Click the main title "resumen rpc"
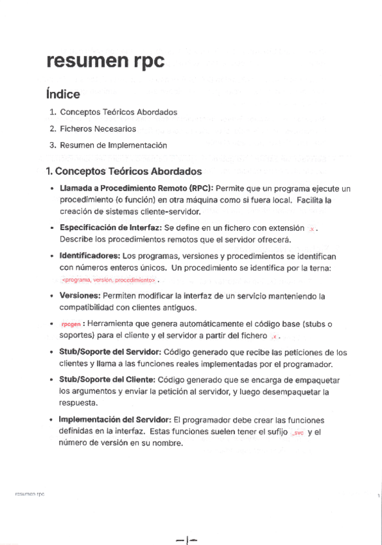[105, 62]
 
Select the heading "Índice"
[63, 94]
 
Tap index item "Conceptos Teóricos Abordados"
[118, 112]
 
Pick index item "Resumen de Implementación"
[113, 145]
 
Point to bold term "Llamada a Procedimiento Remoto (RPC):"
[136, 189]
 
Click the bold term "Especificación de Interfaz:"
[110, 228]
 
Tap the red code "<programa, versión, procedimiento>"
[109, 280]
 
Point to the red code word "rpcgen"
[71, 325]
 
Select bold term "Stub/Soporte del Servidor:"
[110, 352]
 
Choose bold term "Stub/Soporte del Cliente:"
[107, 380]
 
